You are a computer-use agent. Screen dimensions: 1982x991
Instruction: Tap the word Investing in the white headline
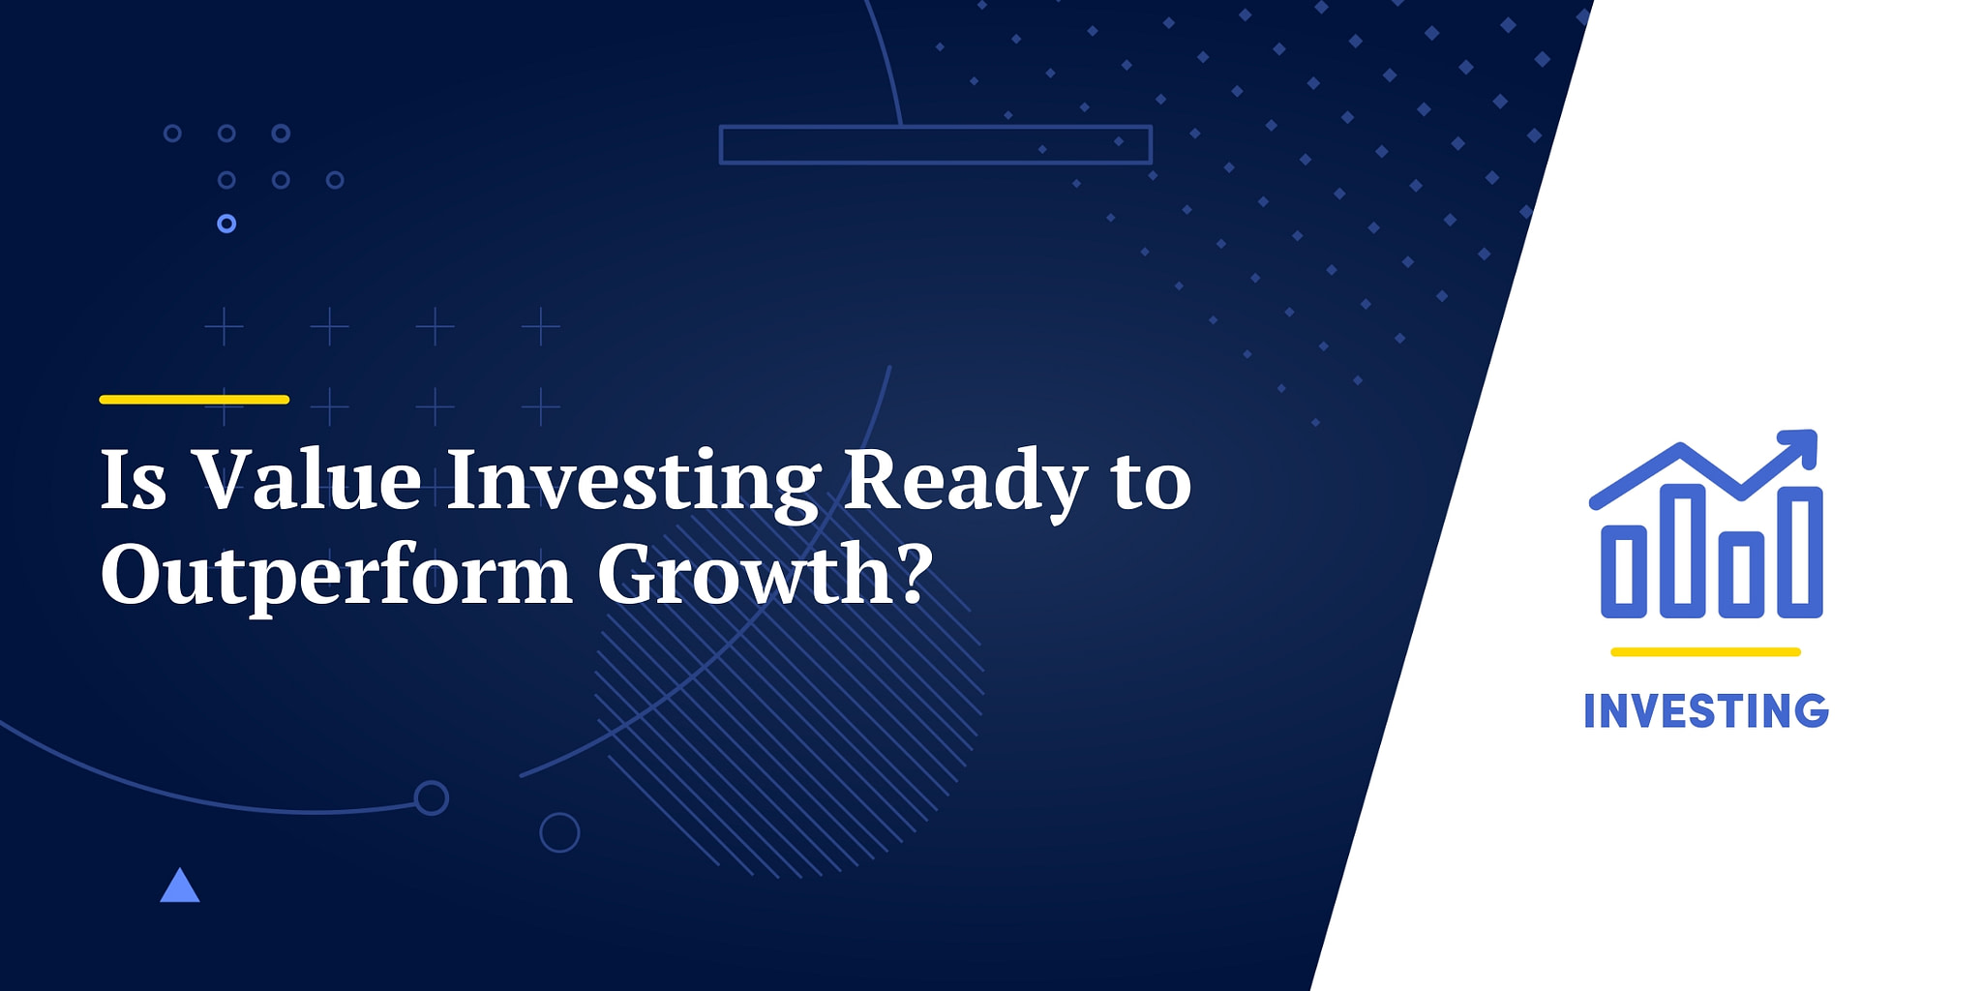coord(634,484)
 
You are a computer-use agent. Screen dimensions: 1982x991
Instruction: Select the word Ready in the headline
coord(966,484)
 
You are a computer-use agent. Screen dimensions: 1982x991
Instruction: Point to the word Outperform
coord(337,576)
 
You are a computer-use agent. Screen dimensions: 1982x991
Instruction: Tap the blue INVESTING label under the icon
coord(1706,711)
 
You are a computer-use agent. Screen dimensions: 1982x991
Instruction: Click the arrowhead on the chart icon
coord(1801,446)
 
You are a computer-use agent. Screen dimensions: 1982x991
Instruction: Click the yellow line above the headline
coord(195,399)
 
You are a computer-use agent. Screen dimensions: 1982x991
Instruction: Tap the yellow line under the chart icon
coord(1705,652)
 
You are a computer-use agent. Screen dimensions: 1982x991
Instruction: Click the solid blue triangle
coord(180,886)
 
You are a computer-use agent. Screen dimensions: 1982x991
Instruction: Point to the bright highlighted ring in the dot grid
coord(226,224)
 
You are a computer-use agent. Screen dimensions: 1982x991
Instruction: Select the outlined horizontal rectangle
coord(936,127)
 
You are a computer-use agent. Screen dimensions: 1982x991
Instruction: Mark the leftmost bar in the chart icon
coord(1624,572)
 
